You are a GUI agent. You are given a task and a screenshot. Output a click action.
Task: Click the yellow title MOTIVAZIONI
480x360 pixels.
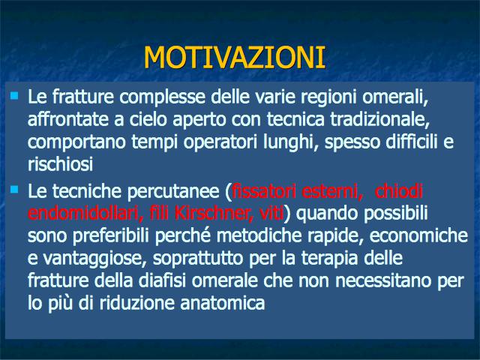click(234, 57)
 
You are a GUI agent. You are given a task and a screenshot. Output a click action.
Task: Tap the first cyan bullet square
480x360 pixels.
click(14, 96)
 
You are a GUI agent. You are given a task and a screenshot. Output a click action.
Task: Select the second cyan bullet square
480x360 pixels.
click(14, 189)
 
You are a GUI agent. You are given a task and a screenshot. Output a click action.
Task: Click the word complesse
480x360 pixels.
click(162, 97)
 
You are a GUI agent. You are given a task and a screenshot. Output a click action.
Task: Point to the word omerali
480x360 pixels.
click(395, 97)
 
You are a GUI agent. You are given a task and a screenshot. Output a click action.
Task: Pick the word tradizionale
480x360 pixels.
click(380, 119)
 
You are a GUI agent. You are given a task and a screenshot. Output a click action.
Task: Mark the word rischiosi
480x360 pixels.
click(60, 164)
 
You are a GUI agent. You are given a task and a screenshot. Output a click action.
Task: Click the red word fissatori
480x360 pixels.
click(264, 191)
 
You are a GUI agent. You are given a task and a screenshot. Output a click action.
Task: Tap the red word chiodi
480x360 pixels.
click(398, 191)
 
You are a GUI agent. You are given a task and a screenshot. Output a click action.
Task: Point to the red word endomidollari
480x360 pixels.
click(85, 213)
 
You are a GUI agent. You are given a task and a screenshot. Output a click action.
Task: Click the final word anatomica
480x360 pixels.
click(223, 303)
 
